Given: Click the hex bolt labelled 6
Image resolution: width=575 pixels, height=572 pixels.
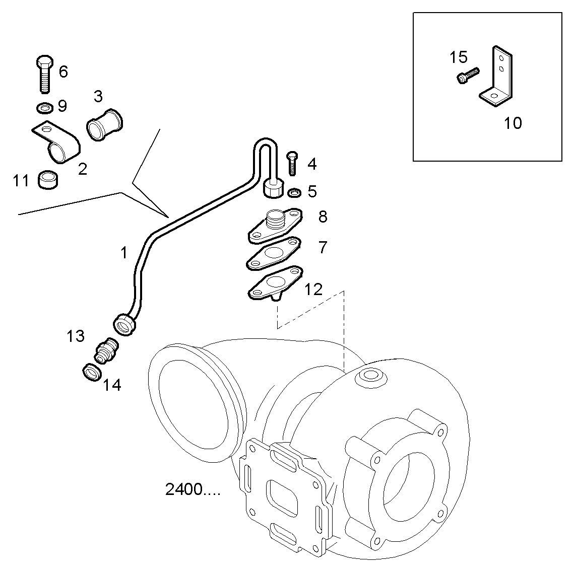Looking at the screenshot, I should tap(44, 74).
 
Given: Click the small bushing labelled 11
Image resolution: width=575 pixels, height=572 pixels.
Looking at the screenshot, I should tap(48, 180).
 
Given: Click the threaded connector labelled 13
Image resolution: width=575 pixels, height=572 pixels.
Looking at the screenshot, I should tap(107, 350).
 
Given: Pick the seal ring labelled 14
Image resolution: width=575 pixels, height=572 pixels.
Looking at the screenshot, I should tap(91, 373).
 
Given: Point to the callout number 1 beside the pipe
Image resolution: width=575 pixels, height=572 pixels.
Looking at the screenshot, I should tap(124, 253).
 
